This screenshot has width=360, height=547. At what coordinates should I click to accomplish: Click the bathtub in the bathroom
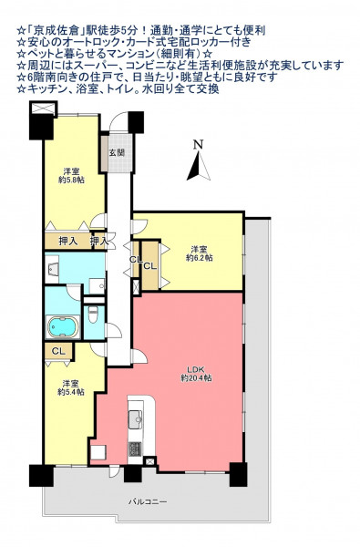[63, 327]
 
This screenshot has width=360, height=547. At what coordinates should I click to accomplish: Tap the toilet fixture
[93, 314]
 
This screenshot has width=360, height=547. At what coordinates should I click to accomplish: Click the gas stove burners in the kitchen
[135, 449]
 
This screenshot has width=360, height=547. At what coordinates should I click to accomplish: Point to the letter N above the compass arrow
[199, 145]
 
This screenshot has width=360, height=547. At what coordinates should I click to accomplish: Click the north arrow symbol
[199, 167]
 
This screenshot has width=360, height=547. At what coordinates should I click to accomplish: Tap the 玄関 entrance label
[117, 153]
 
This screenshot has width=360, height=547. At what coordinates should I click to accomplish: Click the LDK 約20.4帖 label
[196, 374]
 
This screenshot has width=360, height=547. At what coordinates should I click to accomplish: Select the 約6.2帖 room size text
[200, 258]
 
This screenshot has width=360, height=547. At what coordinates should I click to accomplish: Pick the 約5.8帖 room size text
[71, 180]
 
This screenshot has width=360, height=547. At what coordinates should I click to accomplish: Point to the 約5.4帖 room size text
[71, 392]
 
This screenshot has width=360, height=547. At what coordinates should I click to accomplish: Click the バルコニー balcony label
[148, 502]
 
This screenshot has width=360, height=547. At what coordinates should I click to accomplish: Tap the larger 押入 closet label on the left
[68, 241]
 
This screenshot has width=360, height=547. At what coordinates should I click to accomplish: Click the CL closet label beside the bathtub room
[58, 351]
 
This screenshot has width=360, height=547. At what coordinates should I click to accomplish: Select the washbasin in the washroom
[52, 268]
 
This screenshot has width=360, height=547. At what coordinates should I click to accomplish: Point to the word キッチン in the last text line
[43, 89]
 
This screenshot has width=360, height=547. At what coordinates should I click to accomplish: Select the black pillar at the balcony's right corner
[238, 474]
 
